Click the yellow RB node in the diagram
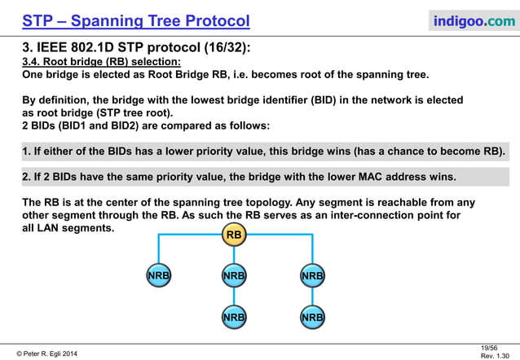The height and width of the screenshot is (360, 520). pyautogui.click(x=234, y=235)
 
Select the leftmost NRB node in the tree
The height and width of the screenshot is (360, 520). pyautogui.click(x=158, y=276)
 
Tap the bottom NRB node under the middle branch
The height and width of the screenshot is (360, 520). pyautogui.click(x=234, y=316)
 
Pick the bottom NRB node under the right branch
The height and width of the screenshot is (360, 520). pyautogui.click(x=312, y=316)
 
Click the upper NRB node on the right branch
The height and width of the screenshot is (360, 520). pyautogui.click(x=312, y=276)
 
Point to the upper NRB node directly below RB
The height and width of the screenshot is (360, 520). pyautogui.click(x=234, y=276)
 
